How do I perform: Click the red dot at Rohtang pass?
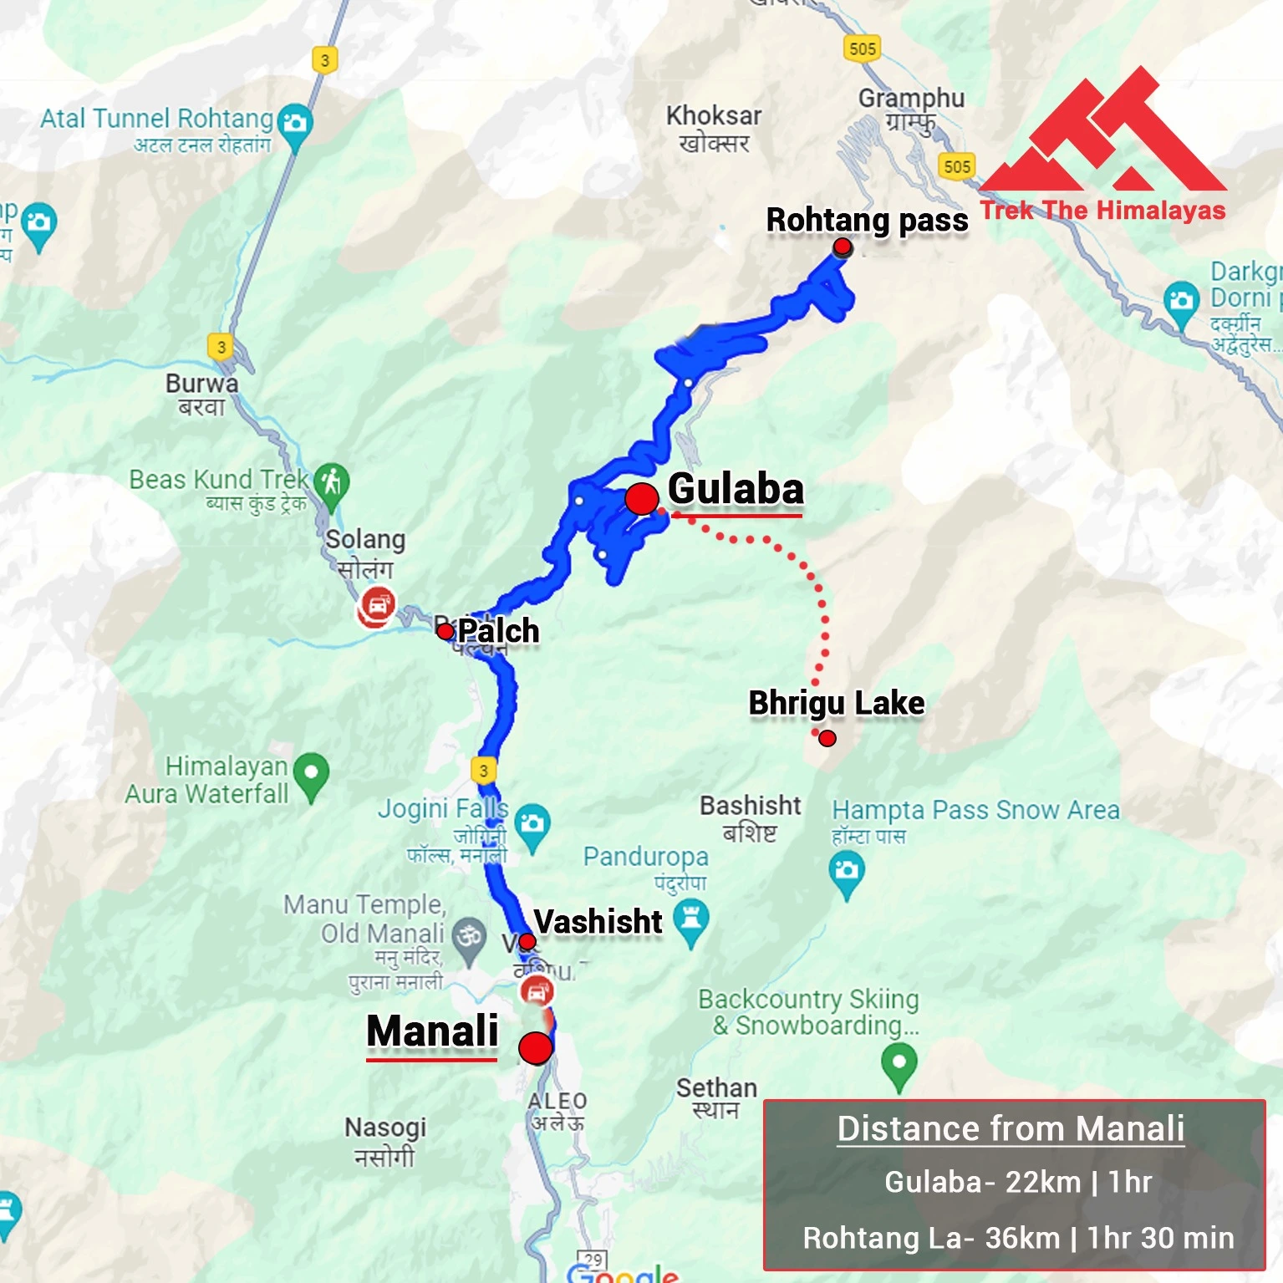[843, 247]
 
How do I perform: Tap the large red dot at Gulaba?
[642, 499]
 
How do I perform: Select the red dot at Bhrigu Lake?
[827, 738]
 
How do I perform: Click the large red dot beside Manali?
[535, 1047]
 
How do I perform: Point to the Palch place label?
[498, 631]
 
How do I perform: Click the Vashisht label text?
[598, 921]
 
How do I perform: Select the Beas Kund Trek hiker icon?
[332, 483]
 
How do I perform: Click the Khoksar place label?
[714, 115]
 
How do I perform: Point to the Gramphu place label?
[911, 99]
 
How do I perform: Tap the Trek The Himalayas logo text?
[1102, 210]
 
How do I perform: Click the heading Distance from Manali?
[1011, 1128]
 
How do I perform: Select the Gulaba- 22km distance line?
[1018, 1182]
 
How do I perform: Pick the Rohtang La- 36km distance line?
[1018, 1238]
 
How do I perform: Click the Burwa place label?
[201, 384]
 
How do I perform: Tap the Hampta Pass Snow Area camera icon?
[847, 872]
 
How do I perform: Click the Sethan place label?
[716, 1087]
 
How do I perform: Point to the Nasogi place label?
[385, 1128]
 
